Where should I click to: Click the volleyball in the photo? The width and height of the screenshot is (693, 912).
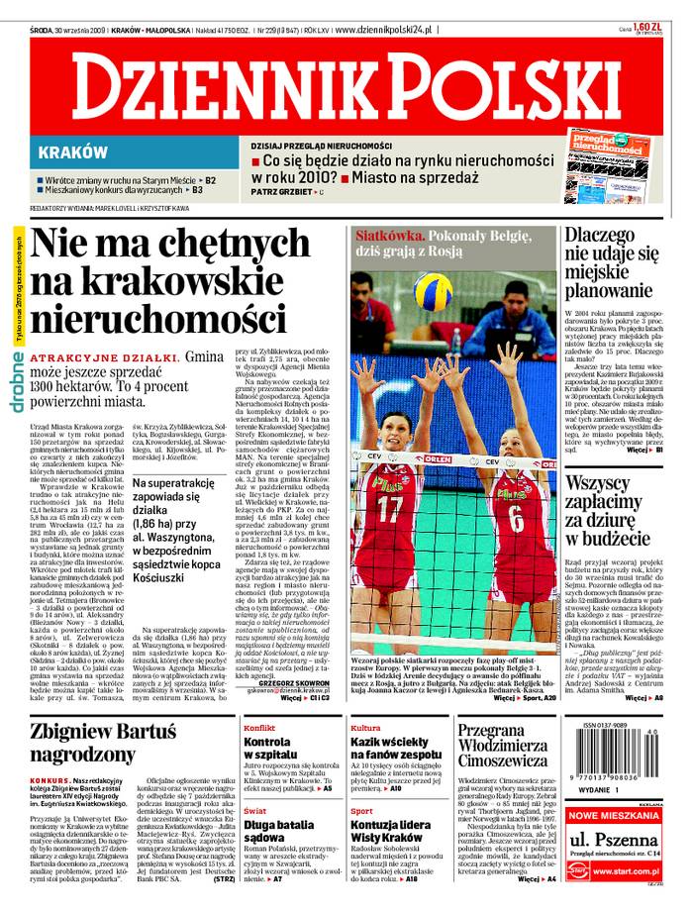(x=432, y=292)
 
